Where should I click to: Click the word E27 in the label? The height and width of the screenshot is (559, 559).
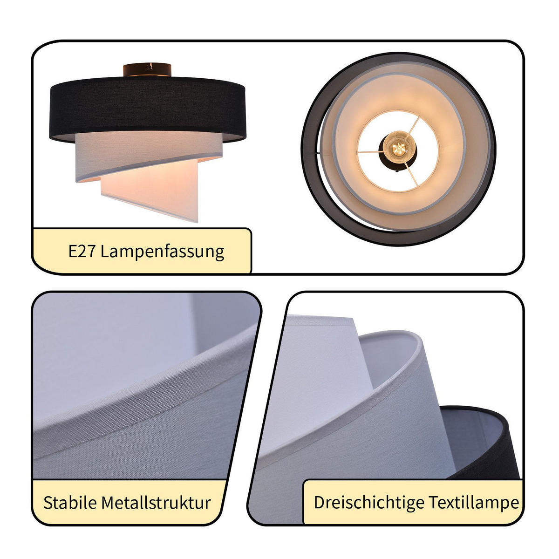click(x=82, y=252)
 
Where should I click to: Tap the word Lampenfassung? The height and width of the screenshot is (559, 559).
click(x=162, y=252)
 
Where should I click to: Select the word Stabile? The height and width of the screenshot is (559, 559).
click(x=70, y=503)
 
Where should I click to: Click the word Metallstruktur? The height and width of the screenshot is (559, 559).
click(x=156, y=503)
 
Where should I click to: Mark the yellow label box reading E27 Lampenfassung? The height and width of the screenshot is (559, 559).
click(x=142, y=252)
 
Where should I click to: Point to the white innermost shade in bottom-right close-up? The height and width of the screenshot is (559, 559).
click(x=321, y=373)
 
